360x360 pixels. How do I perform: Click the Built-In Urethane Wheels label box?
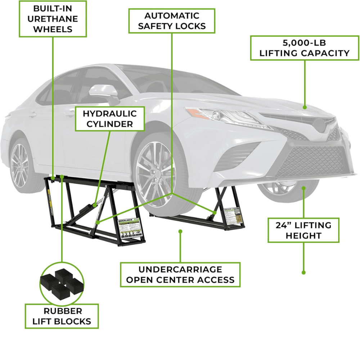click(53, 19)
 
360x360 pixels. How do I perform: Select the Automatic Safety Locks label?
click(172, 21)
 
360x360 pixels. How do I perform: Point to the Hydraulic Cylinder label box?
click(109, 119)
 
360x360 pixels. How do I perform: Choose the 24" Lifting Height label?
click(303, 230)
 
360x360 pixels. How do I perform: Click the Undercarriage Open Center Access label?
click(180, 274)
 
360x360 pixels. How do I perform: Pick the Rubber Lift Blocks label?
click(62, 316)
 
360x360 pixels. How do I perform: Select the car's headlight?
click(223, 116)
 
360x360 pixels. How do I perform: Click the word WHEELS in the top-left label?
click(53, 29)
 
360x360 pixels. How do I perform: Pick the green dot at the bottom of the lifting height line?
click(303, 273)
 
